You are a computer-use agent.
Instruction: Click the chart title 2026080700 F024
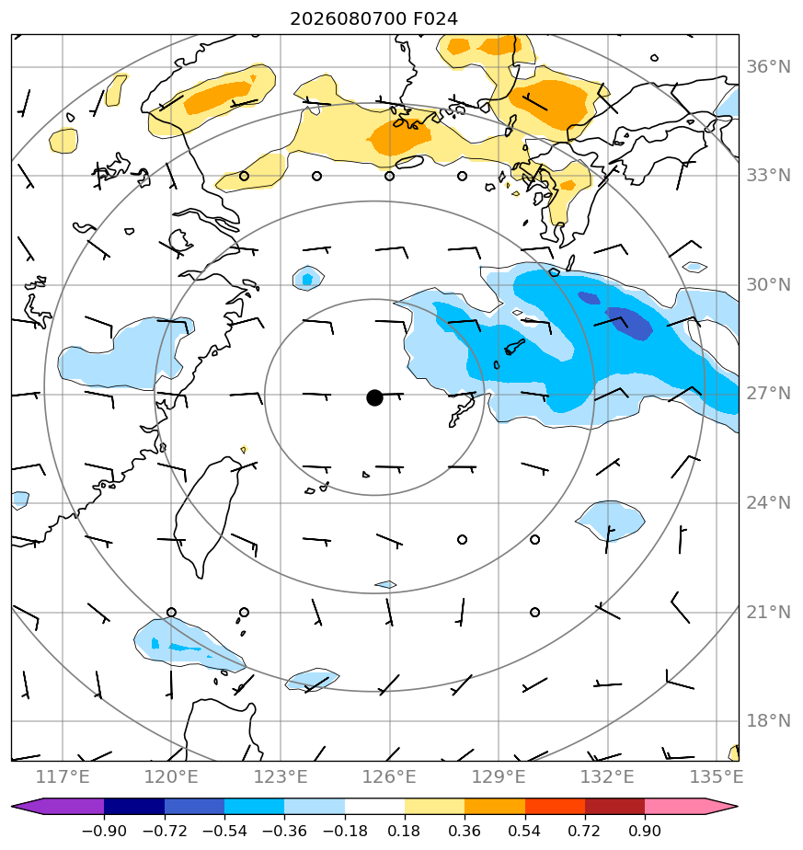click(x=373, y=19)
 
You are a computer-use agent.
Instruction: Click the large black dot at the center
click(x=374, y=397)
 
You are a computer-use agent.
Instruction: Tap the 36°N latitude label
click(x=768, y=66)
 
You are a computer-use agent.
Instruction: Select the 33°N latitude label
click(x=768, y=176)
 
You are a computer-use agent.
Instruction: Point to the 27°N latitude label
click(x=768, y=394)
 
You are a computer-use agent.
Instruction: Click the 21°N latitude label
click(x=768, y=612)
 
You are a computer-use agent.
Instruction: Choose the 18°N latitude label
click(x=768, y=721)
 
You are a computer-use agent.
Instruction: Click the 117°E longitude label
click(x=63, y=776)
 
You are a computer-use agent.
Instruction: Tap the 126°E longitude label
click(x=389, y=776)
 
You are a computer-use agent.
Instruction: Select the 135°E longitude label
click(x=717, y=776)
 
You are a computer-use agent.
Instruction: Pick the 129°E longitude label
click(x=499, y=776)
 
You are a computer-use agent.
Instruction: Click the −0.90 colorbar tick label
click(x=104, y=831)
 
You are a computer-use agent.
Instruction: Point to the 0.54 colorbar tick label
click(x=524, y=831)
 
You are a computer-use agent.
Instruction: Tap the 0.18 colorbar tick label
click(x=404, y=831)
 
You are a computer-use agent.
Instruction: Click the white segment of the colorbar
click(x=374, y=806)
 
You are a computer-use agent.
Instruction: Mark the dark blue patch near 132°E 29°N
click(x=628, y=323)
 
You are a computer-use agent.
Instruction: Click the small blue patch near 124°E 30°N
click(x=308, y=279)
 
